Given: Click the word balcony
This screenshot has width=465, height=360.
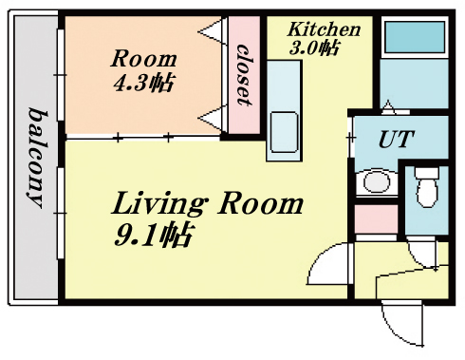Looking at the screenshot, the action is click(36, 158).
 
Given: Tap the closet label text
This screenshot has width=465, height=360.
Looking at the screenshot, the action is click(244, 75).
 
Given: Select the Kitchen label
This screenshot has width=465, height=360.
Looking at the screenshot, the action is click(324, 29).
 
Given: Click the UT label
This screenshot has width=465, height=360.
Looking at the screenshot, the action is click(397, 139).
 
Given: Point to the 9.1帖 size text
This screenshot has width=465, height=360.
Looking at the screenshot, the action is click(153, 235).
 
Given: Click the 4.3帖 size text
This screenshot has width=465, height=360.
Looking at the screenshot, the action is click(143, 83).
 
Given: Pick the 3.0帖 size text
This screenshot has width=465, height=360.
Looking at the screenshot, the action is click(314, 48).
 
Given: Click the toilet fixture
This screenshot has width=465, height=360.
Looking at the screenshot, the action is click(427, 187).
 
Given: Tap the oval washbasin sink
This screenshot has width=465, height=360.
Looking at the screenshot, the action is click(377, 181).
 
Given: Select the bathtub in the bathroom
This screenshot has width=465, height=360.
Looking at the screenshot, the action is click(415, 37).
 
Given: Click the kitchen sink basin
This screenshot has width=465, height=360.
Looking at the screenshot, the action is click(284, 132).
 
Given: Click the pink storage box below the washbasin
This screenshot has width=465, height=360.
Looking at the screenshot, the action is click(376, 218).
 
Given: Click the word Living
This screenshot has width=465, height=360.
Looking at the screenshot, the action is click(159, 204).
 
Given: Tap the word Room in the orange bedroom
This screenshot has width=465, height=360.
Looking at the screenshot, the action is click(143, 59).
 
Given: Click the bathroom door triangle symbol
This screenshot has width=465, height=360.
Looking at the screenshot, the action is click(389, 107).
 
